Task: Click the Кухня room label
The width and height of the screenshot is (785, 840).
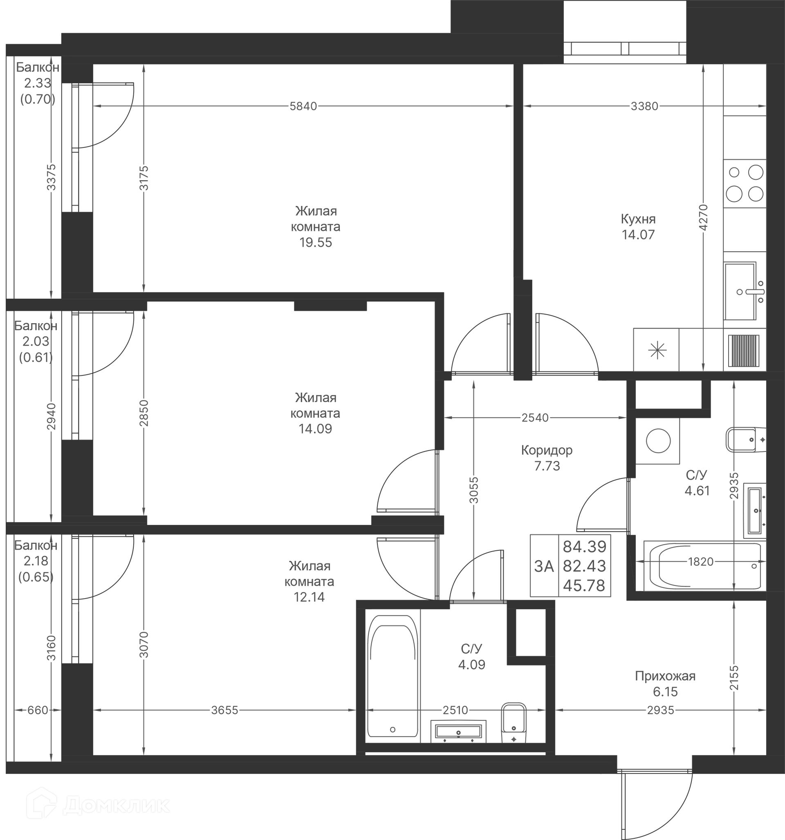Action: click(x=638, y=219)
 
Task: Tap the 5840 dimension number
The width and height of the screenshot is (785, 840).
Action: click(x=303, y=107)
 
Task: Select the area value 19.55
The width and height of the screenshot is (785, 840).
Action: click(x=316, y=243)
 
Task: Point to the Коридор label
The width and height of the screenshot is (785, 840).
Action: click(x=547, y=450)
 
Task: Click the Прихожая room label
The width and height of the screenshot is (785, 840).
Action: click(x=665, y=677)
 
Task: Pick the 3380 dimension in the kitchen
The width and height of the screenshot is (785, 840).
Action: click(x=645, y=107)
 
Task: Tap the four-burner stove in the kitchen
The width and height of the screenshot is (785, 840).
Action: click(x=745, y=183)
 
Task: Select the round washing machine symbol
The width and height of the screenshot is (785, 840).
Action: click(x=658, y=441)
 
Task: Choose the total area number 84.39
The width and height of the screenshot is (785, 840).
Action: click(x=585, y=547)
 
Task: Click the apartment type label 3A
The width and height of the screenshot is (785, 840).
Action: click(x=544, y=566)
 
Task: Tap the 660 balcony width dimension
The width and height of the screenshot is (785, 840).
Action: click(x=38, y=710)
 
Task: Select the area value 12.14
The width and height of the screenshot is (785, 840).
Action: click(x=309, y=597)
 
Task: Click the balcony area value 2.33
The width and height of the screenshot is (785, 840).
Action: click(x=38, y=83)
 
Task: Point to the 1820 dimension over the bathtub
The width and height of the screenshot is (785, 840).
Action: click(x=701, y=561)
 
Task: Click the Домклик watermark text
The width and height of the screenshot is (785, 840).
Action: click(x=116, y=806)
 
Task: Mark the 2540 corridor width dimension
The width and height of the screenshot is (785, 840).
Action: click(x=535, y=418)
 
